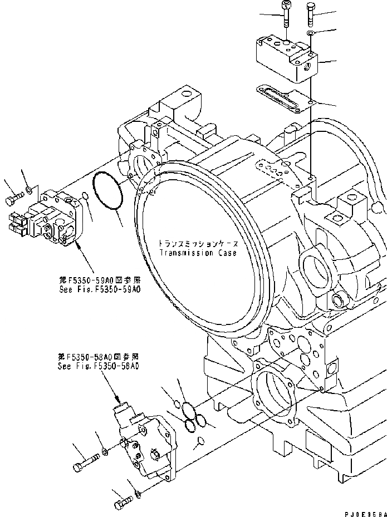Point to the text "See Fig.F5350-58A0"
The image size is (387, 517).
[99, 367]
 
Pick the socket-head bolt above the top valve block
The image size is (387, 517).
[286, 13]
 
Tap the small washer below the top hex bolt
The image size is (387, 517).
[311, 35]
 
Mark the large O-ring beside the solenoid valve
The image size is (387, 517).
[110, 192]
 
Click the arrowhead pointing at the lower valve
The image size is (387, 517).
[118, 401]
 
